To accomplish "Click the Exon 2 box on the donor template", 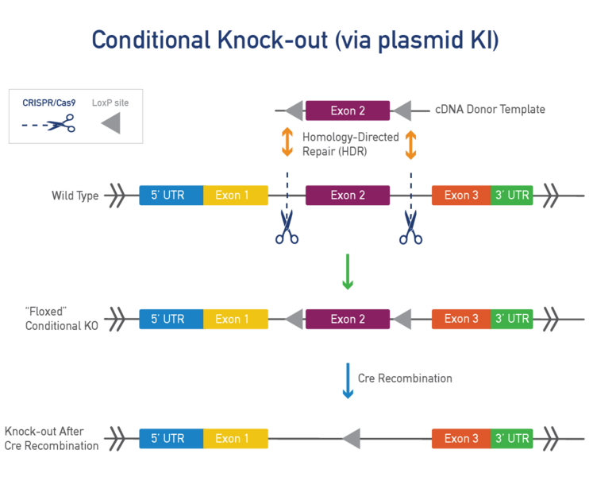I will coord(347,111).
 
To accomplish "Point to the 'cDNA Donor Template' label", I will coord(490,110).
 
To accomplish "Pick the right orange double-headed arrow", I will coord(410,144).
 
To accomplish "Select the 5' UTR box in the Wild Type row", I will coord(171,196).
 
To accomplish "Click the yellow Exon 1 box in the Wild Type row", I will coord(236,196).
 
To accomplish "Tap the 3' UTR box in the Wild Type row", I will coord(512,196).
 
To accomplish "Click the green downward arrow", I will coord(347,272).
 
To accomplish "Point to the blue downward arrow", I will coord(347,381).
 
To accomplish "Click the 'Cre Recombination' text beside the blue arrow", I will coord(405,378).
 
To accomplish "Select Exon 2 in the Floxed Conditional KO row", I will coord(347,319).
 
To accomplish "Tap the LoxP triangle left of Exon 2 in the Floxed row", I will coord(293,319).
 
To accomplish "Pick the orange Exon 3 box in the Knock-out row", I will coord(460,438).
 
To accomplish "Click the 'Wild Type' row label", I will coord(75,196).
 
